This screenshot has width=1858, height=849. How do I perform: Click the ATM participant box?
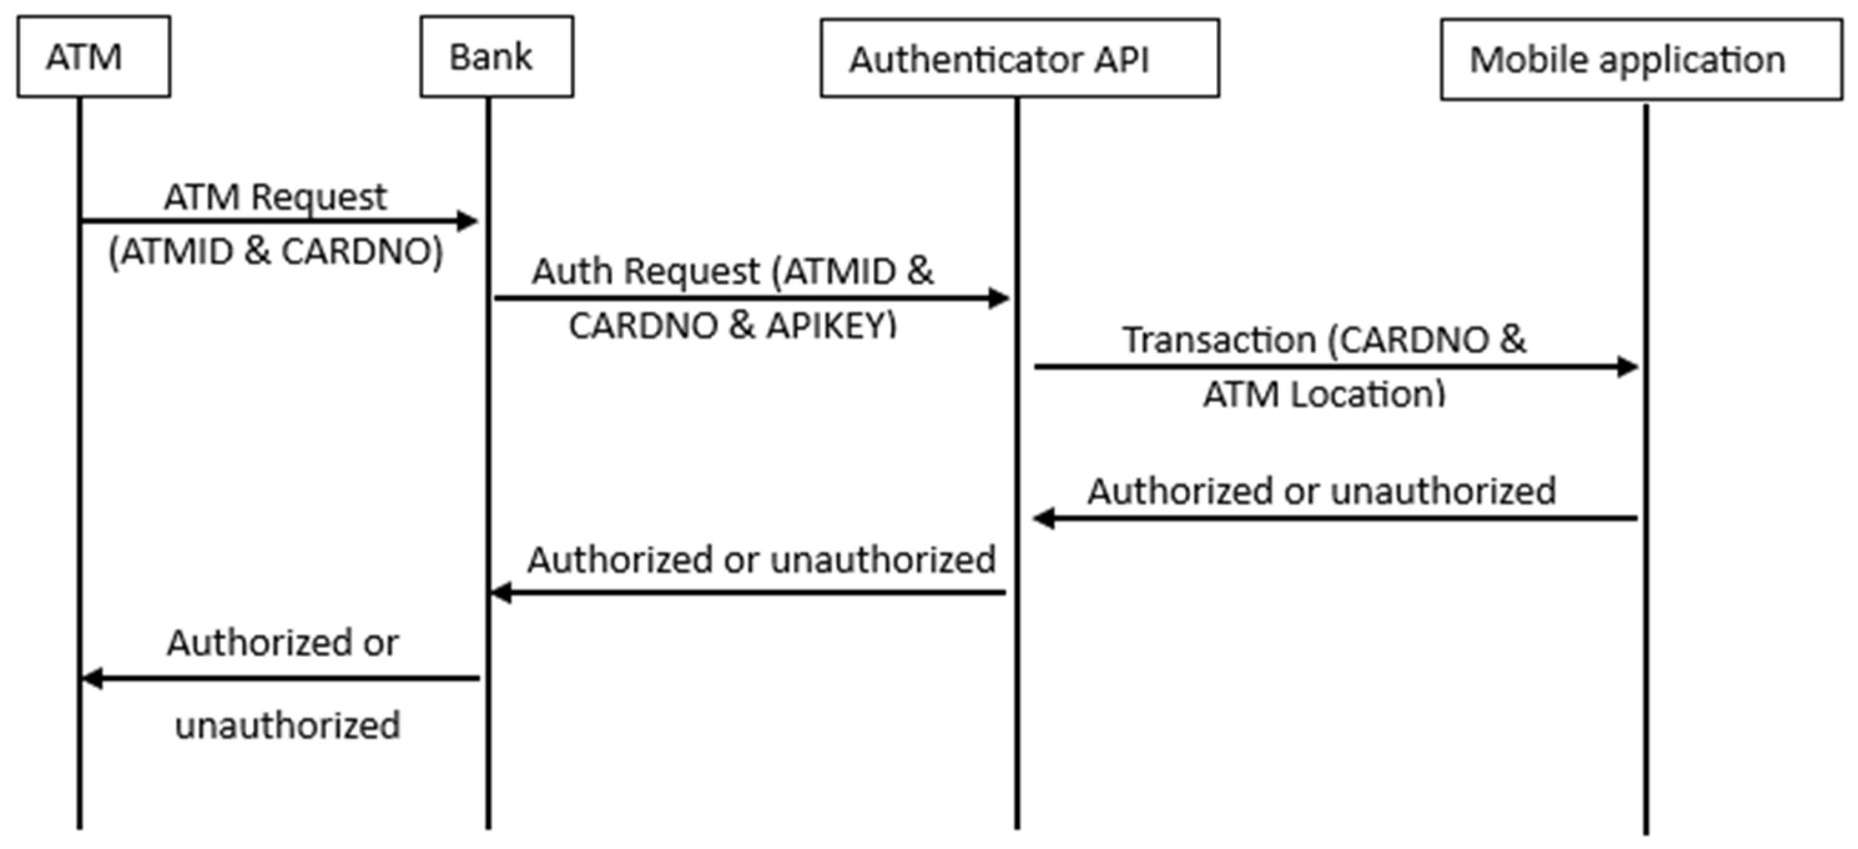[94, 56]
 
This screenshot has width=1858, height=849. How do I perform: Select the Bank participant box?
[496, 56]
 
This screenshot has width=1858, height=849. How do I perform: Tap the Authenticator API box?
[1019, 58]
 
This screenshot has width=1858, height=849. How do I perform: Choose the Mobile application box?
[1641, 59]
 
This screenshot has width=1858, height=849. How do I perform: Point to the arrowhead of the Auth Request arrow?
[999, 298]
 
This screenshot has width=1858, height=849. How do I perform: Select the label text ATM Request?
[276, 197]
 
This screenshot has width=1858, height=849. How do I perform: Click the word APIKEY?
[831, 326]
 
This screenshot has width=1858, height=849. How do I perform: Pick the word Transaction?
[1219, 340]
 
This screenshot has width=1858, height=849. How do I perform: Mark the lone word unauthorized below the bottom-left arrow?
[287, 725]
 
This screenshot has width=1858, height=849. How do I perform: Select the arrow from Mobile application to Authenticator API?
[1334, 518]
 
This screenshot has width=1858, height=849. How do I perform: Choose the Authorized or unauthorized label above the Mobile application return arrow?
[1322, 491]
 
